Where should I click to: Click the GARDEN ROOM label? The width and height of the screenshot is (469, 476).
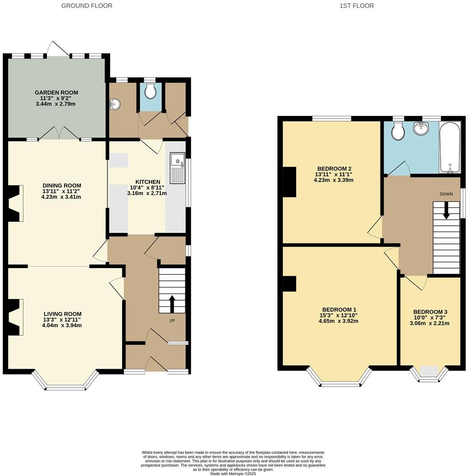(56, 92)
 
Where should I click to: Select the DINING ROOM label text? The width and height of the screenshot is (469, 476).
(62, 185)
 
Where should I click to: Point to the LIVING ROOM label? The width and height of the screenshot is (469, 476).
(63, 314)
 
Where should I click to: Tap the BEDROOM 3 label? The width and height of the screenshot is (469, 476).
(430, 312)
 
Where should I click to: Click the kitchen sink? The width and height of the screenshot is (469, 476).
(177, 168)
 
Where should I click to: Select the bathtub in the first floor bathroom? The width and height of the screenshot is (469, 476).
(450, 147)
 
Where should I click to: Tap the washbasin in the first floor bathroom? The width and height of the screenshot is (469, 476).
(422, 129)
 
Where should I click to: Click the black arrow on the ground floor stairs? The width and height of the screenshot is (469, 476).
(172, 304)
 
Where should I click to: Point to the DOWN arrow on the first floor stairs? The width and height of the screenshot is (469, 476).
(446, 210)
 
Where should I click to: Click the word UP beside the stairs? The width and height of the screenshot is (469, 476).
(172, 320)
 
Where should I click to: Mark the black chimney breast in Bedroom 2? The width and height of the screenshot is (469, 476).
(289, 182)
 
